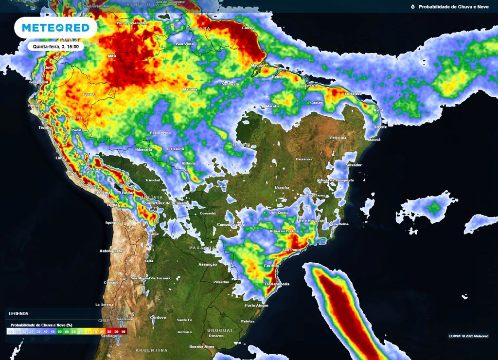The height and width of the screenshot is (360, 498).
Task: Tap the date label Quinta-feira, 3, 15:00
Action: [56, 46]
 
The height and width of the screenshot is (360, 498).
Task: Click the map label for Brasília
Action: [282, 187]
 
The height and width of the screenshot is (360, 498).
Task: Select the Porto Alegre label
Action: [256, 306]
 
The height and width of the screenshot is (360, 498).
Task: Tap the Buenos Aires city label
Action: [202, 346]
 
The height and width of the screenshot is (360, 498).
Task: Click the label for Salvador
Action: [354, 165]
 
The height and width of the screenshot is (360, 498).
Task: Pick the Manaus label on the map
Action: [190, 90]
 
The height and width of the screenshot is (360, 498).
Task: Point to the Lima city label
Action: [60, 158]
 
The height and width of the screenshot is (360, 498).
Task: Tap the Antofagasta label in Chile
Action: [110, 251]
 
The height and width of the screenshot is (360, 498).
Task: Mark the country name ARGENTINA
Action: [151, 350]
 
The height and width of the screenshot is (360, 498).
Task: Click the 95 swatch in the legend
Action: [124, 331]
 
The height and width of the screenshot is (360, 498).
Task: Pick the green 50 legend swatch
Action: [59, 331]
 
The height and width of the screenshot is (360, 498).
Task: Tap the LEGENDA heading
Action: [18, 314]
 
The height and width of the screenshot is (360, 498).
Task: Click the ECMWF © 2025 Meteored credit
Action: [468, 336]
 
